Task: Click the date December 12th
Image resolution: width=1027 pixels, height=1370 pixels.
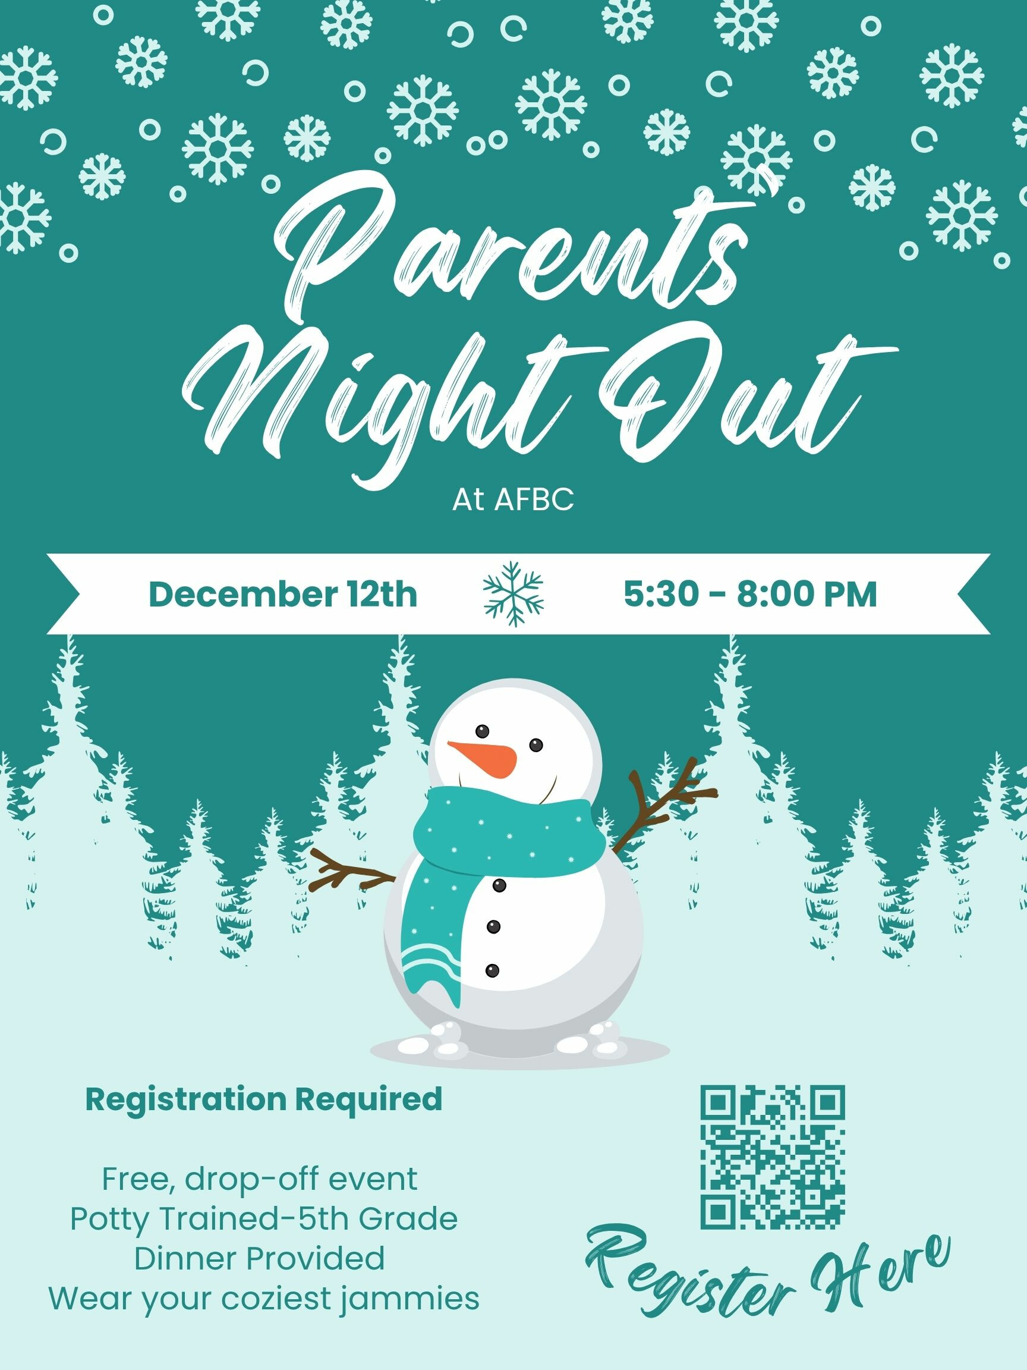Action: (x=283, y=594)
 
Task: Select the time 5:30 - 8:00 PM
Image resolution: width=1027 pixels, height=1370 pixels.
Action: (x=750, y=594)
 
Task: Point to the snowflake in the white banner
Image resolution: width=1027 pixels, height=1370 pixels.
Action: (x=513, y=593)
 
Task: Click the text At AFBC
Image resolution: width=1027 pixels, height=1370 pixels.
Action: (x=513, y=501)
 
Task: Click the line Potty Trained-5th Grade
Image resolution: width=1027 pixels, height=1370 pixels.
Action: (x=264, y=1219)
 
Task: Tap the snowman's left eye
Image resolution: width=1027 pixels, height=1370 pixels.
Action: (x=483, y=731)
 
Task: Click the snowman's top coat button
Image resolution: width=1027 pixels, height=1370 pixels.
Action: (x=499, y=885)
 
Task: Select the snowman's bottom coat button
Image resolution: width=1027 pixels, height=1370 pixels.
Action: (x=492, y=970)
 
